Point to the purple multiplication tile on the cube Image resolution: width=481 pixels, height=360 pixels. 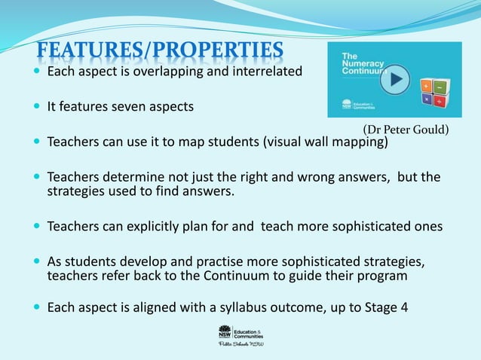pos(427,100)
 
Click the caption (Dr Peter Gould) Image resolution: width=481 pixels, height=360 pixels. pos(406,130)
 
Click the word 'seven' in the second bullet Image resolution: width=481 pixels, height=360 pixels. pos(130,107)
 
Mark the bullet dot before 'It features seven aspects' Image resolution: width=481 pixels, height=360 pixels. pos(38,107)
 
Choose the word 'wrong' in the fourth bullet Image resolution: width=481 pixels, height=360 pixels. pos(296,177)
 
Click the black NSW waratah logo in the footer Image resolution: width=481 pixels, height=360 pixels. pos(224,331)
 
